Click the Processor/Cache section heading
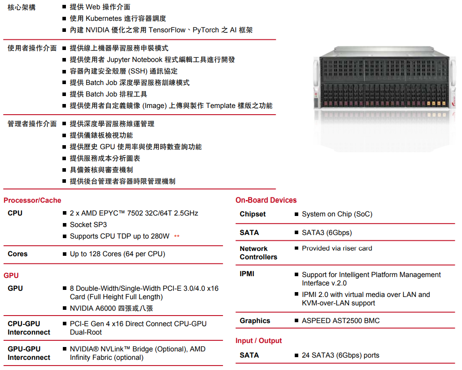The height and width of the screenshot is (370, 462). click(x=32, y=200)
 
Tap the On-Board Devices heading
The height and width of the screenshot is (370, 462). click(x=266, y=200)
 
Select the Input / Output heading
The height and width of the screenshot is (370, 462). click(x=258, y=341)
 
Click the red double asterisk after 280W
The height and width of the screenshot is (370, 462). click(x=177, y=236)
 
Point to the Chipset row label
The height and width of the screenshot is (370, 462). click(x=253, y=214)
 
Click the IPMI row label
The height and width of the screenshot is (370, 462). click(x=247, y=274)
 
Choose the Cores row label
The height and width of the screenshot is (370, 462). click(x=18, y=254)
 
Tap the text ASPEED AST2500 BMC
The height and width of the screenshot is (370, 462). click(x=341, y=321)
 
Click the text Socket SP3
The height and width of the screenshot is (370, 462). click(x=88, y=225)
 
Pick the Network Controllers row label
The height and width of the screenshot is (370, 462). click(x=258, y=253)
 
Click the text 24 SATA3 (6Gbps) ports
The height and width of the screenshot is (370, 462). click(x=340, y=355)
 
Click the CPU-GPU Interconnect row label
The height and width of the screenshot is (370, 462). click(x=29, y=328)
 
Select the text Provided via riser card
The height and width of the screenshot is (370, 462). click(x=337, y=248)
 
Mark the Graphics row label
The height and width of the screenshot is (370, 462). click(x=255, y=321)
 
